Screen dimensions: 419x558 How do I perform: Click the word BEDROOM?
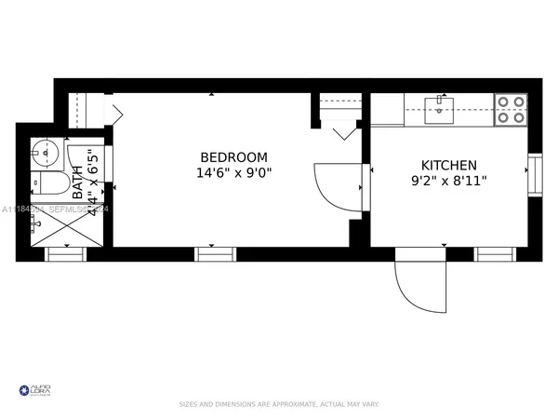pos(233,157)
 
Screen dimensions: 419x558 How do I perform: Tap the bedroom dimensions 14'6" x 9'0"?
pos(233,173)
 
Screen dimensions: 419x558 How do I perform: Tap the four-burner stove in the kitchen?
pos(510,109)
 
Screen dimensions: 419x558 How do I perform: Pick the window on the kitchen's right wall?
pos(534,173)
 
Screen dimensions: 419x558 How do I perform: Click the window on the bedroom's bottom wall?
pos(215,253)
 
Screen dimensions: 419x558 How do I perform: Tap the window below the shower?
pos(65,253)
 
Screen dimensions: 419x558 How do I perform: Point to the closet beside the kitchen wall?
pos(339,111)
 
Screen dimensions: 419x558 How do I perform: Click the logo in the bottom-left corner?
pos(35,389)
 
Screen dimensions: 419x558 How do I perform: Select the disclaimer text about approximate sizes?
pos(278,404)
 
